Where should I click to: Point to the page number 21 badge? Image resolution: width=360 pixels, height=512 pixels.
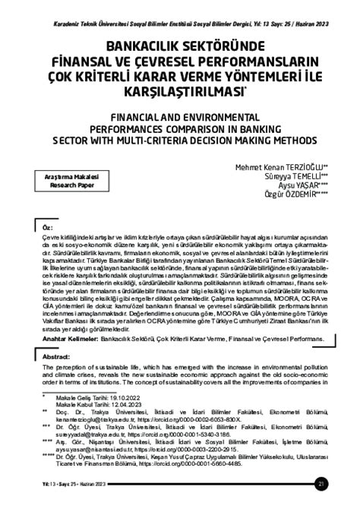(343, 485)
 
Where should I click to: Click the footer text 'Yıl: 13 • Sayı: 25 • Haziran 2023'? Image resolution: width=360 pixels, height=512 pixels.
(45, 485)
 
